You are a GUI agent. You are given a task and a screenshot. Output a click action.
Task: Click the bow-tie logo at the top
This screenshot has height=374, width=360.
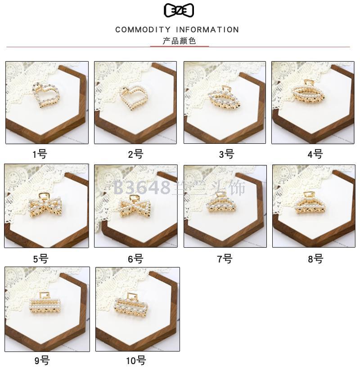[x=179, y=10]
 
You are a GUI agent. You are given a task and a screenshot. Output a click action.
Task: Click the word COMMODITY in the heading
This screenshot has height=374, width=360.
[x=143, y=30]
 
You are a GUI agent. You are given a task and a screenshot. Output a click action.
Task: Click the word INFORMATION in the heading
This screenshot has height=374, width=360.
[x=207, y=30]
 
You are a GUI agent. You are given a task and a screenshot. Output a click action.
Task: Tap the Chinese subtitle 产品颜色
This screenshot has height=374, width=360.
[x=179, y=41]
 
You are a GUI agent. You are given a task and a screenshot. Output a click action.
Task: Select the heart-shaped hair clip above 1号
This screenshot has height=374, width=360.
[x=45, y=95]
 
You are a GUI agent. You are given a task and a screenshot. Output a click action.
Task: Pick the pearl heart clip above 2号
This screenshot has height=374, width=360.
[x=133, y=98]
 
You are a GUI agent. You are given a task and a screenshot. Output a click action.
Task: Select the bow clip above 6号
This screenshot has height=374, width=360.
[x=135, y=207]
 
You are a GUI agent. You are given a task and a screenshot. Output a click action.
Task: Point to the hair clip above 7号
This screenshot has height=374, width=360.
[x=222, y=202]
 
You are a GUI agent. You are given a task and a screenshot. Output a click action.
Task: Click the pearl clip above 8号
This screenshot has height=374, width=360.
[x=310, y=203]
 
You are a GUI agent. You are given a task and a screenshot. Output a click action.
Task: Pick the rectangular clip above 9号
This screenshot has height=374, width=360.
[x=45, y=303]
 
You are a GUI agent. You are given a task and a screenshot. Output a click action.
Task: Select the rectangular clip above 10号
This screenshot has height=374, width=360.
[x=131, y=305]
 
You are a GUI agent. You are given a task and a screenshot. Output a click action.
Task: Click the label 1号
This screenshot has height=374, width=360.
[x=40, y=155]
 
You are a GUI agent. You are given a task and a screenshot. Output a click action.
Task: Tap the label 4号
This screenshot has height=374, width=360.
[x=315, y=155]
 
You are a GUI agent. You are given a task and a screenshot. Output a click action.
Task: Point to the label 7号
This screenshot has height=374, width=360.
[x=225, y=259]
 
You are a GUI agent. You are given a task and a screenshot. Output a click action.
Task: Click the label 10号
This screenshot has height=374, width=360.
[x=136, y=361]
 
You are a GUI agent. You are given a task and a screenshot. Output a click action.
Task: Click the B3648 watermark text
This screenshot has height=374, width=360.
[x=142, y=188]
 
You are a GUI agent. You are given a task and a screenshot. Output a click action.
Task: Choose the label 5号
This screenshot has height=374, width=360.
[x=41, y=259]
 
